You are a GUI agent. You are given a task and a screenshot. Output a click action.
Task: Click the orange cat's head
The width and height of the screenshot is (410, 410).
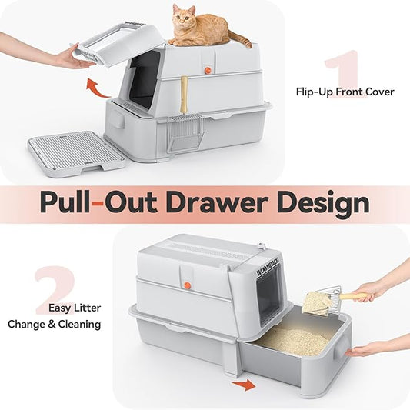183,15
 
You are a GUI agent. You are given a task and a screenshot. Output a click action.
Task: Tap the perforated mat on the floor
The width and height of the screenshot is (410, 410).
75,151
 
